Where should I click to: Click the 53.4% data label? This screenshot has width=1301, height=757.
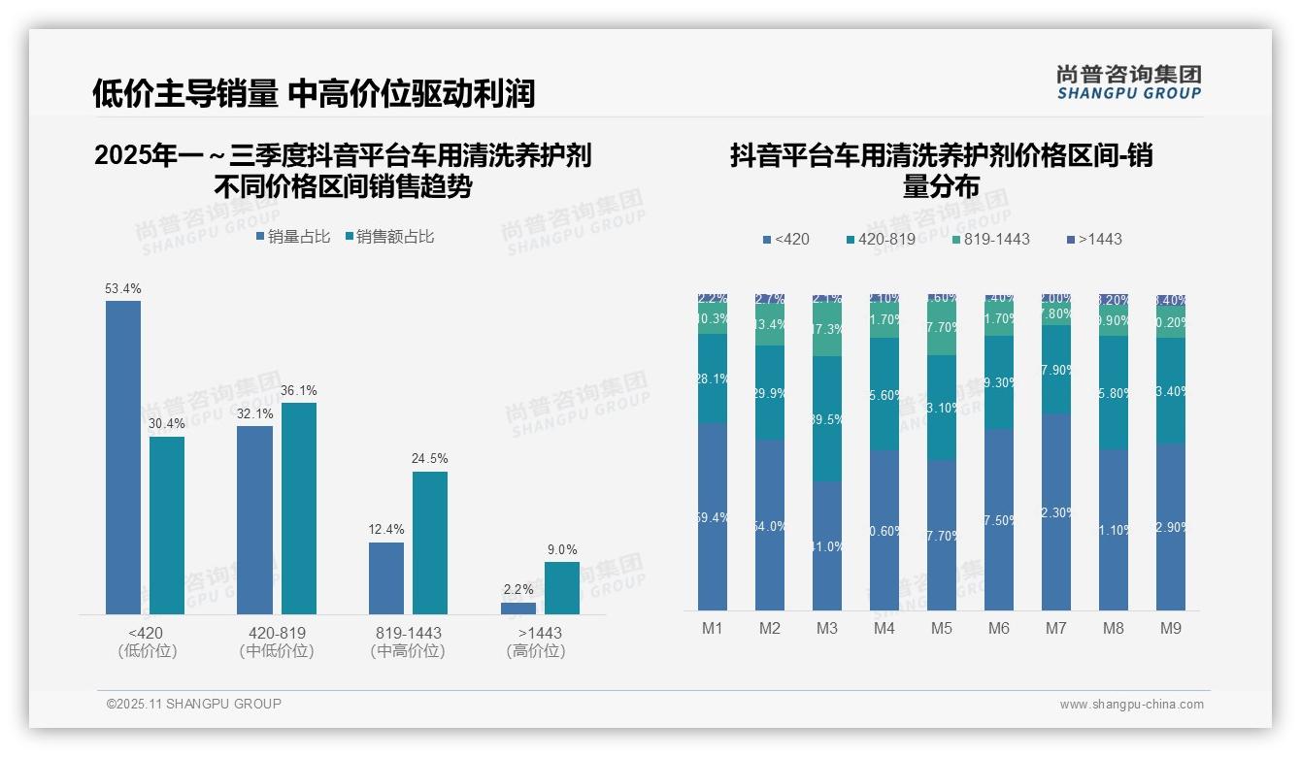(123, 288)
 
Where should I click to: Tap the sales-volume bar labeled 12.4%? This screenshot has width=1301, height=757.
(386, 577)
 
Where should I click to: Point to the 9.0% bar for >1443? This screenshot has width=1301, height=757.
(561, 587)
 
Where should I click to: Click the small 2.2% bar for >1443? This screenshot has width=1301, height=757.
(517, 609)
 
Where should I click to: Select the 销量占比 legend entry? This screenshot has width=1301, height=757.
(293, 236)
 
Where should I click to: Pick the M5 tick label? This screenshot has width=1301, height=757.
(942, 628)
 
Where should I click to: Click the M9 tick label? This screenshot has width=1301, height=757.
(1171, 628)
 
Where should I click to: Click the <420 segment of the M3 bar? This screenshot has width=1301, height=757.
(827, 545)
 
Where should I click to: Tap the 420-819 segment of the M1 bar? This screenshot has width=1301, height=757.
(713, 378)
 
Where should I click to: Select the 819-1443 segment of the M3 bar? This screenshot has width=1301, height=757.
(827, 330)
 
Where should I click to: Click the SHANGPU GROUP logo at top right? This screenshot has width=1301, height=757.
(1128, 82)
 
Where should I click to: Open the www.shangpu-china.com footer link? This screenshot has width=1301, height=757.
(1131, 705)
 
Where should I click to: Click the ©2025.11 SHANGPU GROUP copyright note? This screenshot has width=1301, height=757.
(194, 704)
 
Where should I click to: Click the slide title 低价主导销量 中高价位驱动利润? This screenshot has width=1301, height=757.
(314, 93)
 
